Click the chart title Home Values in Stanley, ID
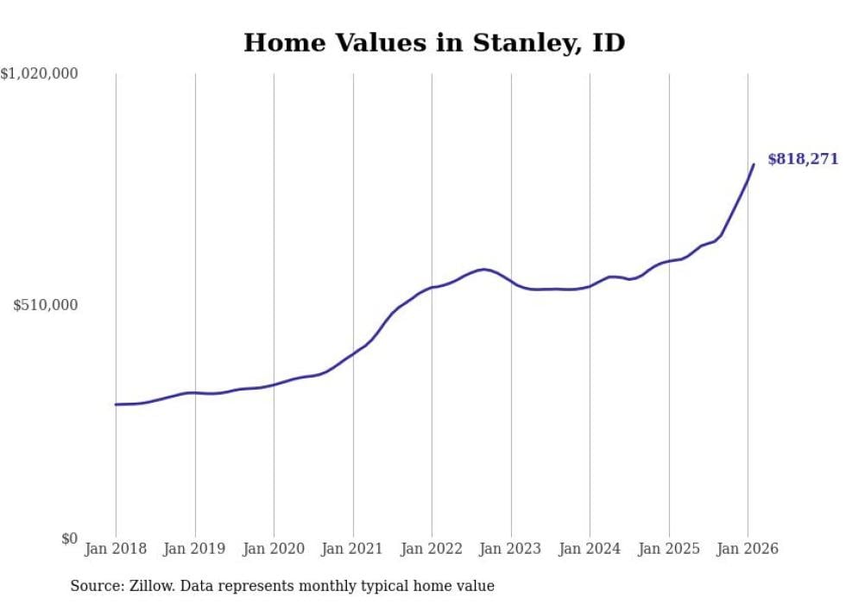pos(434,42)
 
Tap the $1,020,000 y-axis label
pos(40,74)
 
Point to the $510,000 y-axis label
pos(46,305)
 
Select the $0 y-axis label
pos(69,538)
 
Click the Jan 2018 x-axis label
pos(116,549)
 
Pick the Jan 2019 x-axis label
pos(195,549)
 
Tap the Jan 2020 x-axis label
pos(274,549)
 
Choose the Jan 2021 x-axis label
pos(353,549)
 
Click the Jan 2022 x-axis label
pos(432,549)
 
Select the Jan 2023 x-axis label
pos(511,549)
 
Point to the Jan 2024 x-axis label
pos(590,549)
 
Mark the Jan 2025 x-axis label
pos(669,549)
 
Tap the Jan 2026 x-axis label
pos(748,549)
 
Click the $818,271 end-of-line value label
pos(803,159)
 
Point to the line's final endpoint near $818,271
pos(754,164)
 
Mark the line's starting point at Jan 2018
pos(116,404)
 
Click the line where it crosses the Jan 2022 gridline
pos(432,287)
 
